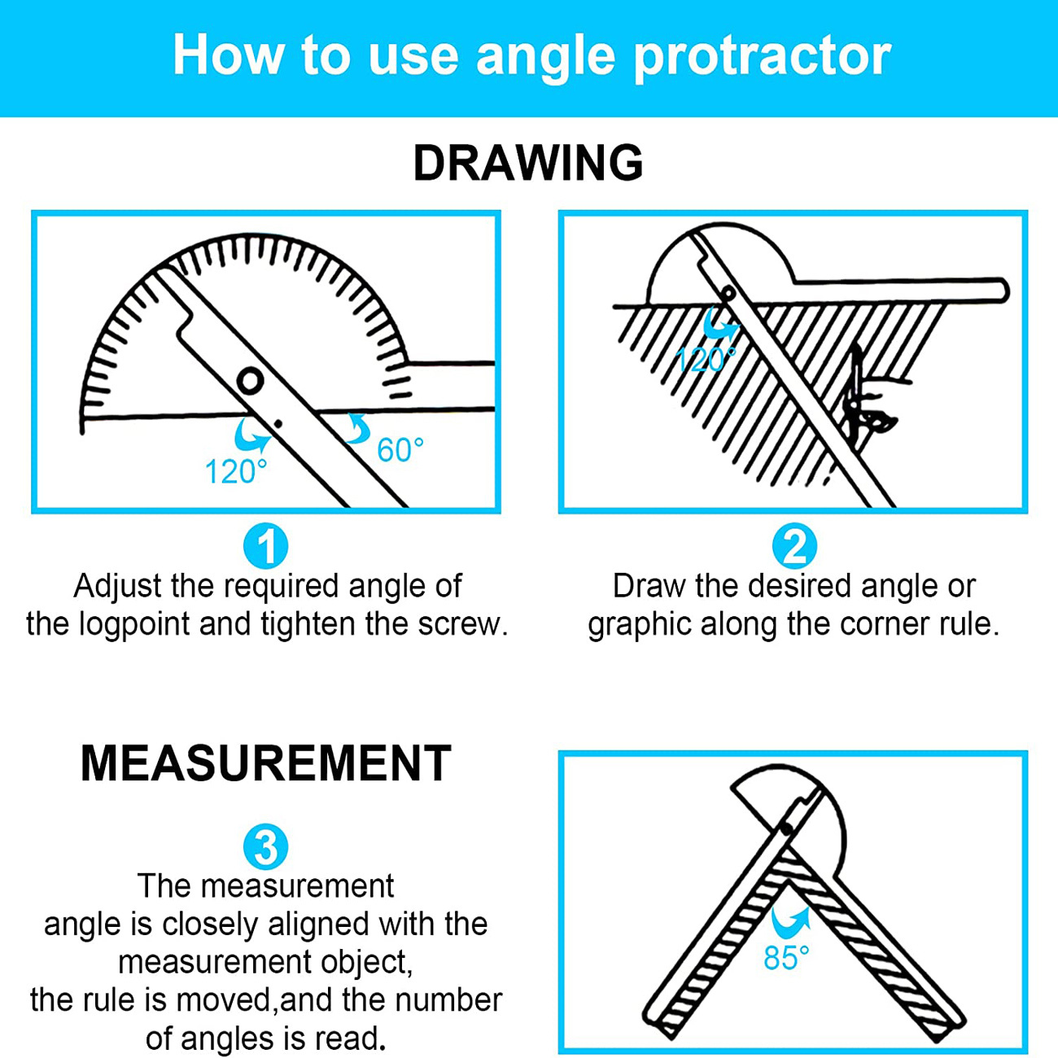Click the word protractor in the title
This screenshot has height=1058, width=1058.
[x=762, y=57]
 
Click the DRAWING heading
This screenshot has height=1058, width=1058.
[x=528, y=163]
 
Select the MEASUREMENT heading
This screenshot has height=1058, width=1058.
[x=265, y=763]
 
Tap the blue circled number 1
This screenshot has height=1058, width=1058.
[x=265, y=546]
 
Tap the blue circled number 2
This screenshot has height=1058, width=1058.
[x=793, y=546]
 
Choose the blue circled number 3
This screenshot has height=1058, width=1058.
[x=265, y=847]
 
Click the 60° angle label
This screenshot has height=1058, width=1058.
[x=400, y=450]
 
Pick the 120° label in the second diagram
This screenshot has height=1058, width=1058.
[x=705, y=359]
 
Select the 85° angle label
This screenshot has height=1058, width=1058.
[x=786, y=958]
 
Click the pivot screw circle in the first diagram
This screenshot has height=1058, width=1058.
[x=250, y=380]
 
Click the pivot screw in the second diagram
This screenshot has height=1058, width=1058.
[x=728, y=293]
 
